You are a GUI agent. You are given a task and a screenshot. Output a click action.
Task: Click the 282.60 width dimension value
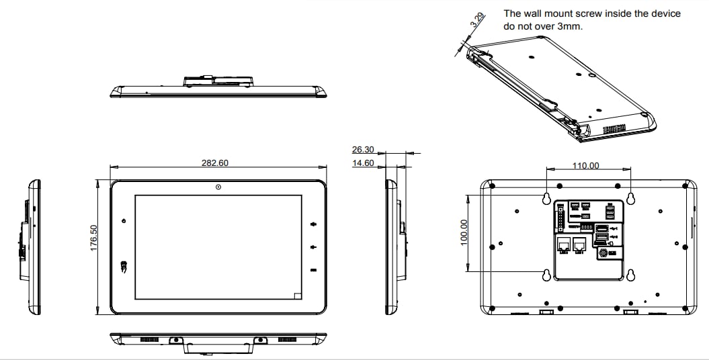(215, 163)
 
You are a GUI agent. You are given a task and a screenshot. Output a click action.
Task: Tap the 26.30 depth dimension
(363, 150)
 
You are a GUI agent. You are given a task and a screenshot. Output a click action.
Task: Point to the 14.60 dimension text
(363, 163)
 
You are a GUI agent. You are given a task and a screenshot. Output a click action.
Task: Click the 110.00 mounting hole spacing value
(585, 165)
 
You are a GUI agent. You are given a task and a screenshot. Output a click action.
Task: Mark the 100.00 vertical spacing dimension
(463, 232)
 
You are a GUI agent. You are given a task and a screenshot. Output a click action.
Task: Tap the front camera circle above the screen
(218, 187)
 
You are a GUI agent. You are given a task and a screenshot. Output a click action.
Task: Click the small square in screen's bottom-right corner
(297, 295)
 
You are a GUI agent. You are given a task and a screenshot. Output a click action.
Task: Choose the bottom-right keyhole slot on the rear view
(630, 275)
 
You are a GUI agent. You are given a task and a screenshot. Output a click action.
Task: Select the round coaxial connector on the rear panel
(603, 253)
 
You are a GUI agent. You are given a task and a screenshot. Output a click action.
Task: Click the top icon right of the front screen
(313, 224)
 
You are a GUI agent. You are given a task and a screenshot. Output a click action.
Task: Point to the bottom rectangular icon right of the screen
(313, 270)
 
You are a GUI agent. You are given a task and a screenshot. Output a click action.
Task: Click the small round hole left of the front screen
(124, 222)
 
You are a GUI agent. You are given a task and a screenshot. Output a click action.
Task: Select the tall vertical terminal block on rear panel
(560, 217)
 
